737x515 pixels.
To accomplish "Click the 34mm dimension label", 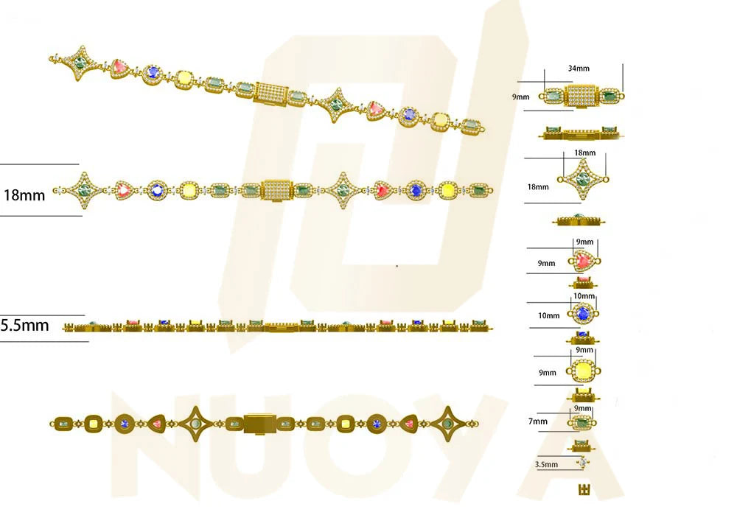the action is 579,69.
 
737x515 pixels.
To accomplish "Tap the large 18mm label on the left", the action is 24,195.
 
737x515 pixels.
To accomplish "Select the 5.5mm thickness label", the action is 24,325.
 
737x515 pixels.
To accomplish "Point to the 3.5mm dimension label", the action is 546,465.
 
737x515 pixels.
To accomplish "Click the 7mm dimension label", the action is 538,421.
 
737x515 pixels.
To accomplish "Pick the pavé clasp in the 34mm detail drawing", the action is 582,96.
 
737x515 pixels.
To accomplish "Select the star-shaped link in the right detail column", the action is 583,179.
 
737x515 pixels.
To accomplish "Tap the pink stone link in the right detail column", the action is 584,260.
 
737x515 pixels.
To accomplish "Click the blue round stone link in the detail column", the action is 583,313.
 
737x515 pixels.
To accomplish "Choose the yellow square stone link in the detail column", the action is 583,371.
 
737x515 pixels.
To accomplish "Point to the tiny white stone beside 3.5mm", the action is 583,463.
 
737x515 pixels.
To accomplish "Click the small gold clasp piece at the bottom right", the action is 584,489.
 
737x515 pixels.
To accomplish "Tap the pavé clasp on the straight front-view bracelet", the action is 278,190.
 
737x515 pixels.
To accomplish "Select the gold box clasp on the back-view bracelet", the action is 259,424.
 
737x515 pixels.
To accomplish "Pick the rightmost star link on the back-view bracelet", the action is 448,424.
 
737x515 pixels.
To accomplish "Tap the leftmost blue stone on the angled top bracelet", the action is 152,72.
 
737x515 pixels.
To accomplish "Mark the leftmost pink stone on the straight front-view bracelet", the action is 124,190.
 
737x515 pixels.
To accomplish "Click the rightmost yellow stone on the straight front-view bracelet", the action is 447,190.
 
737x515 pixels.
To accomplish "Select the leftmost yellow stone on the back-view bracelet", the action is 93,424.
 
